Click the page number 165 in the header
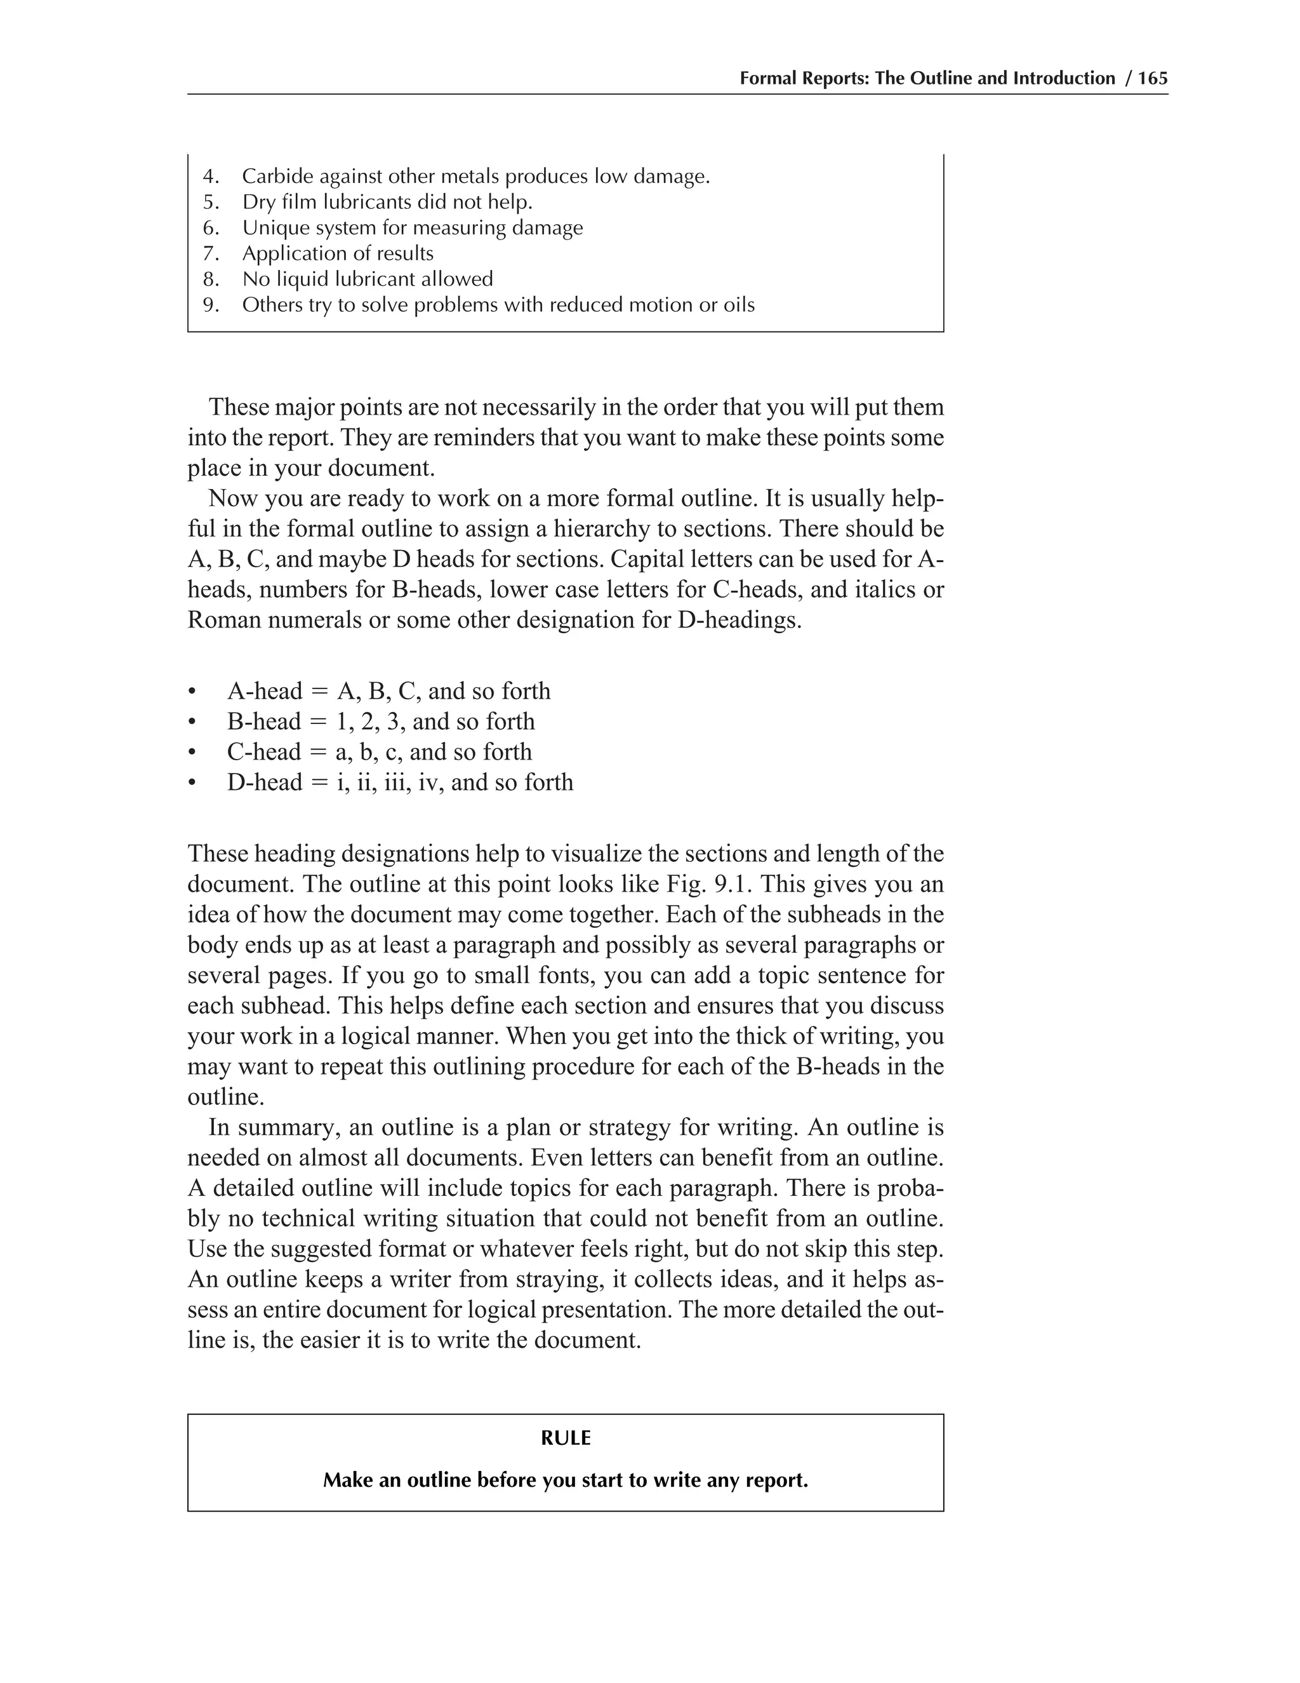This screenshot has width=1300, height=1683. click(x=1152, y=79)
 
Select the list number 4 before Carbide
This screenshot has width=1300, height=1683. click(x=210, y=177)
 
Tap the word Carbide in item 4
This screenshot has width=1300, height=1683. click(x=277, y=177)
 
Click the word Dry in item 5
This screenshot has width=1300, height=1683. click(x=257, y=203)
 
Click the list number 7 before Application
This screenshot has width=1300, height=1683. click(x=210, y=253)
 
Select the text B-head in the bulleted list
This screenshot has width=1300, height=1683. click(x=264, y=722)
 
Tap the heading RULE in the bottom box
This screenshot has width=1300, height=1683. click(x=566, y=1438)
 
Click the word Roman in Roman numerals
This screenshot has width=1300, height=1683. click(x=224, y=620)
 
